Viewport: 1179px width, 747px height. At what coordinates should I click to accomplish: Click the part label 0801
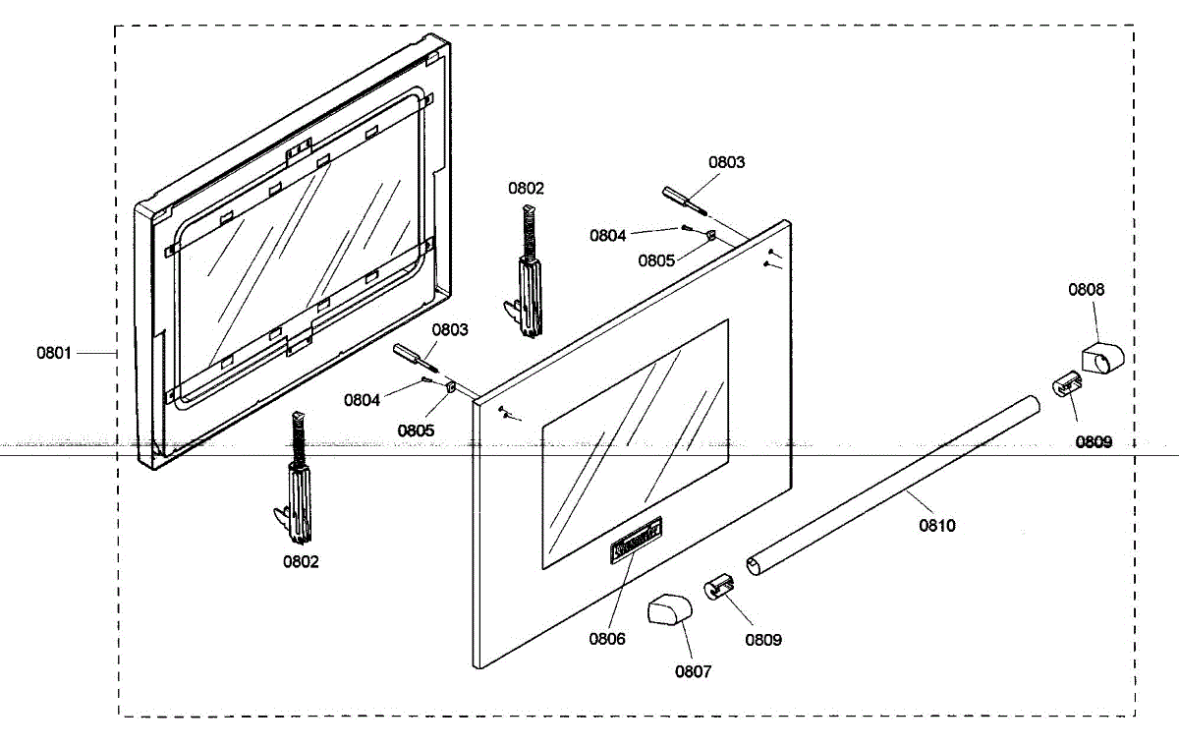tap(54, 353)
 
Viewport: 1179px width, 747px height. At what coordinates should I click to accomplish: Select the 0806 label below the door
tap(607, 639)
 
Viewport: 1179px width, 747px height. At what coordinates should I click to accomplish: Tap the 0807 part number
tap(694, 671)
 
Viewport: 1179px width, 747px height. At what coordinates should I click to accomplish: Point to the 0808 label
tap(1087, 290)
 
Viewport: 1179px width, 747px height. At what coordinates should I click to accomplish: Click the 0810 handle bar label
tap(937, 526)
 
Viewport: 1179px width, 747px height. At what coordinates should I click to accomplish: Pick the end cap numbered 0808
tap(1099, 356)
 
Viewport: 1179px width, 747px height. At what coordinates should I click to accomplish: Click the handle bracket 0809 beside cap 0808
tap(1064, 384)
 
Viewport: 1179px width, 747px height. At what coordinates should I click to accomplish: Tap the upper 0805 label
tap(655, 261)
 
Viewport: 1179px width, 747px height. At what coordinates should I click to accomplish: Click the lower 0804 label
tap(363, 400)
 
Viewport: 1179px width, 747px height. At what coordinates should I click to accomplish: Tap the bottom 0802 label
tap(301, 562)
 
